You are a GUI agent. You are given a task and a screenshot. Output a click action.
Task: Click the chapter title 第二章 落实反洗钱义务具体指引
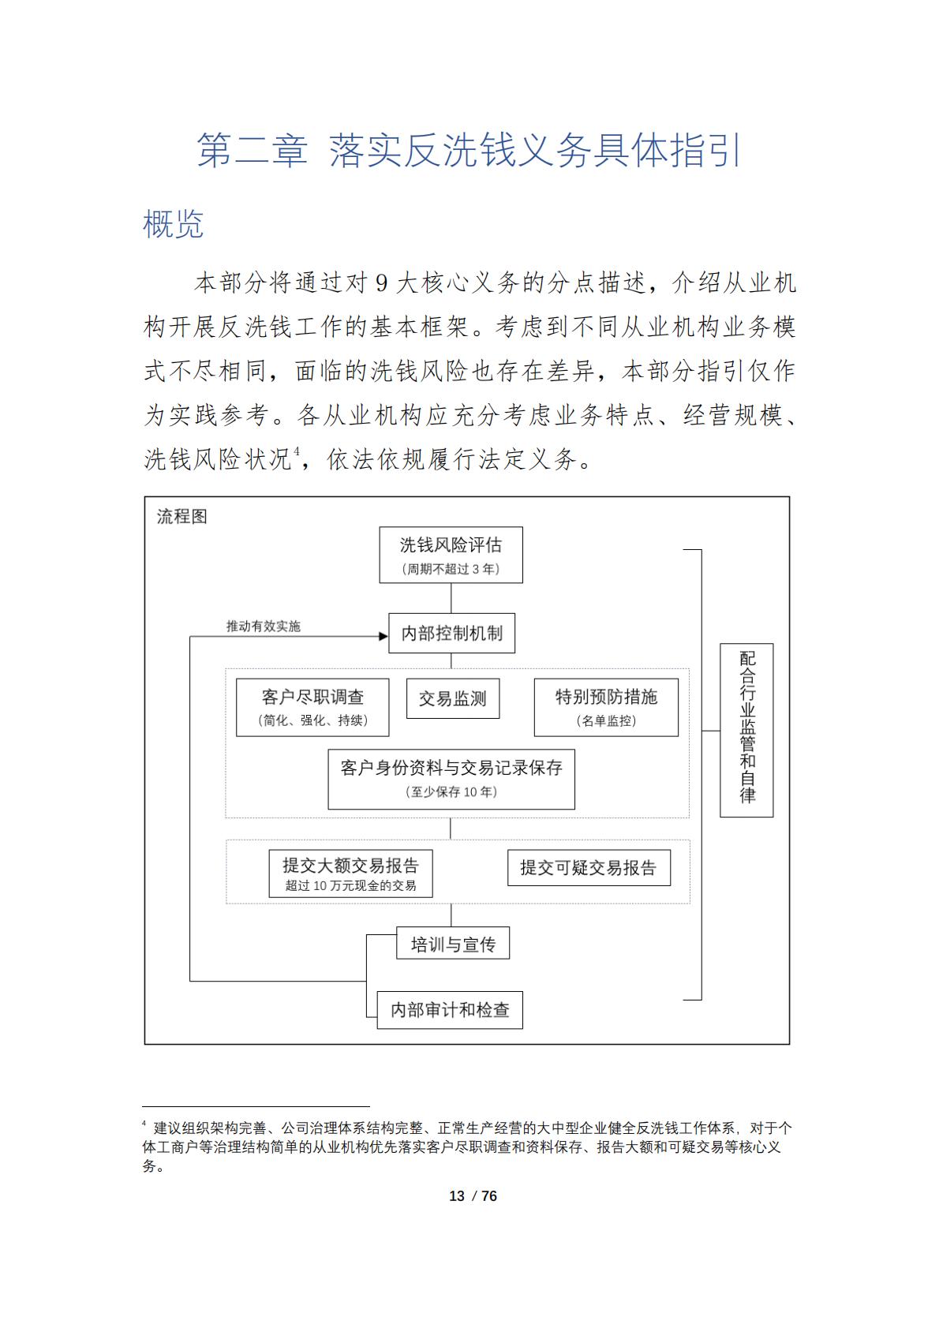click(469, 150)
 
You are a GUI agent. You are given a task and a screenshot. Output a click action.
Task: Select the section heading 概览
click(173, 224)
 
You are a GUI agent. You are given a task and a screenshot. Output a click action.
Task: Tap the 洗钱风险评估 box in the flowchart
click(451, 555)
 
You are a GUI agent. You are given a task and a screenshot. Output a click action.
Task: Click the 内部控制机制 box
click(451, 633)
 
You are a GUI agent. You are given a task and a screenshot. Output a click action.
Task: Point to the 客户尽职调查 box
click(312, 707)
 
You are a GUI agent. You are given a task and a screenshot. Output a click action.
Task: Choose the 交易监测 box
click(452, 699)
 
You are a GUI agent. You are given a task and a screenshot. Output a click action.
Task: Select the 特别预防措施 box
click(606, 707)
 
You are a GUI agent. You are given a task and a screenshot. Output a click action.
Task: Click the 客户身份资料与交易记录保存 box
click(451, 778)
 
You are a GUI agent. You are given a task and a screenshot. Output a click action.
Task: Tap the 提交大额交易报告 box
click(350, 873)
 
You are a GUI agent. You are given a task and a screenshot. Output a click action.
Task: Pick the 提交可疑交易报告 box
click(588, 868)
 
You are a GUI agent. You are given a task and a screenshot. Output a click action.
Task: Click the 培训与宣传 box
click(452, 944)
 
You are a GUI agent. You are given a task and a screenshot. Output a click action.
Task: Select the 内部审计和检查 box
click(450, 1010)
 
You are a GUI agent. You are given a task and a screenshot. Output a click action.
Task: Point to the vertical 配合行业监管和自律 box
click(746, 730)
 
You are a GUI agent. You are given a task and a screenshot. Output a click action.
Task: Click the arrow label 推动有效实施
click(263, 627)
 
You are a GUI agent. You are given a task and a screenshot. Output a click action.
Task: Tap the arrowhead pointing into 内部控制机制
click(383, 636)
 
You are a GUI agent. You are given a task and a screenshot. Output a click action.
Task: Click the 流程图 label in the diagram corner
click(181, 517)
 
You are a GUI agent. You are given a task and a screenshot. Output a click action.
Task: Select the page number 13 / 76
click(473, 1196)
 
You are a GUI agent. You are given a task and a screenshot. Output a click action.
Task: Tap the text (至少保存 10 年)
click(451, 792)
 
